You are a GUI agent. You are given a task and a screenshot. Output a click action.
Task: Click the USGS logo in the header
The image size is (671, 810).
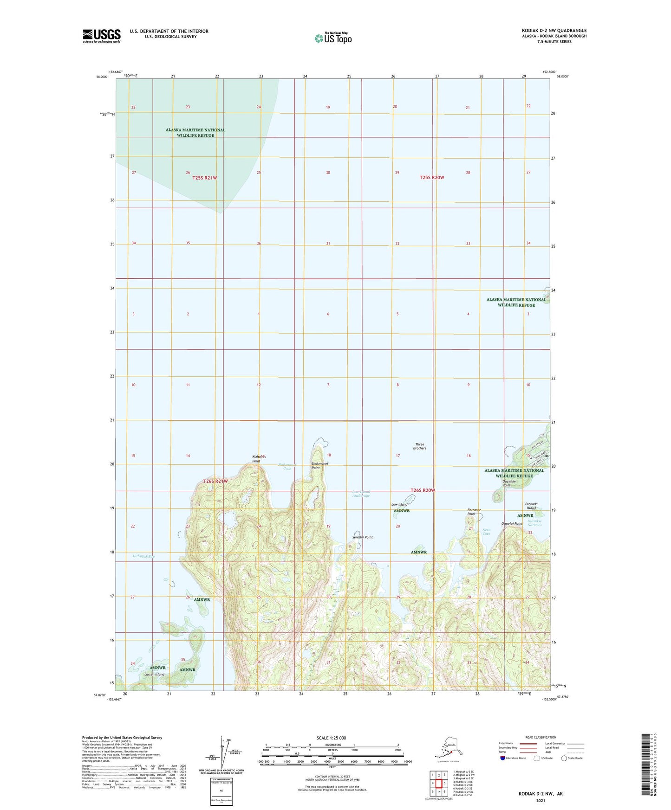(x=101, y=36)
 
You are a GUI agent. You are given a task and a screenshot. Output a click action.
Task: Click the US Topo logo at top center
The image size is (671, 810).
(x=333, y=38)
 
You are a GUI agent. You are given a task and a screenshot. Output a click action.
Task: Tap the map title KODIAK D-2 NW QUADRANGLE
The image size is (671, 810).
(x=554, y=31)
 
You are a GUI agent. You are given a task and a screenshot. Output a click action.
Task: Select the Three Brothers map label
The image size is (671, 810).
(x=420, y=446)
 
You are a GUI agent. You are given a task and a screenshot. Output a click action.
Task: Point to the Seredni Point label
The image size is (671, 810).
(x=362, y=537)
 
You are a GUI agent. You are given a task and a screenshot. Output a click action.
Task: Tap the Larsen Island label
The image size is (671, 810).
(x=154, y=674)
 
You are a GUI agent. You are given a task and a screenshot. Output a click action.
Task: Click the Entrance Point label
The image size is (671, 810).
(x=474, y=512)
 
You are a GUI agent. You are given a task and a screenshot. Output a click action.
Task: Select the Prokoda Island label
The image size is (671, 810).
(x=531, y=506)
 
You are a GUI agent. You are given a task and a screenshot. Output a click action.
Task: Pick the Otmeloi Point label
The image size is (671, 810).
(x=512, y=523)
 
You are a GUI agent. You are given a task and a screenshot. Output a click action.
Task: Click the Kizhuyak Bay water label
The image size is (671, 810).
(x=143, y=556)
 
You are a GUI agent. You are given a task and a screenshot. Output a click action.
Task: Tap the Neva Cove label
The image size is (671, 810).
(x=486, y=532)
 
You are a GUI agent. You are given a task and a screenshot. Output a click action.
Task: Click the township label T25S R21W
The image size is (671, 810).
(x=204, y=178)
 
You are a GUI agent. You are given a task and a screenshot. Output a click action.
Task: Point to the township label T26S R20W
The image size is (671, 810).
(x=423, y=490)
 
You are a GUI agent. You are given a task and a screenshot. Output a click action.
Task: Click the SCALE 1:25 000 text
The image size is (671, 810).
(x=331, y=738)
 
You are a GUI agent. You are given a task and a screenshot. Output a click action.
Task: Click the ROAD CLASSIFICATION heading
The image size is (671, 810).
(x=541, y=737)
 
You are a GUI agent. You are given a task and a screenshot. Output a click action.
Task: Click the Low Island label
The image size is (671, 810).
(x=399, y=504)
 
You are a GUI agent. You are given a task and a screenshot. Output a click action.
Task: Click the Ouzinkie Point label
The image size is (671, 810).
(x=510, y=483)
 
